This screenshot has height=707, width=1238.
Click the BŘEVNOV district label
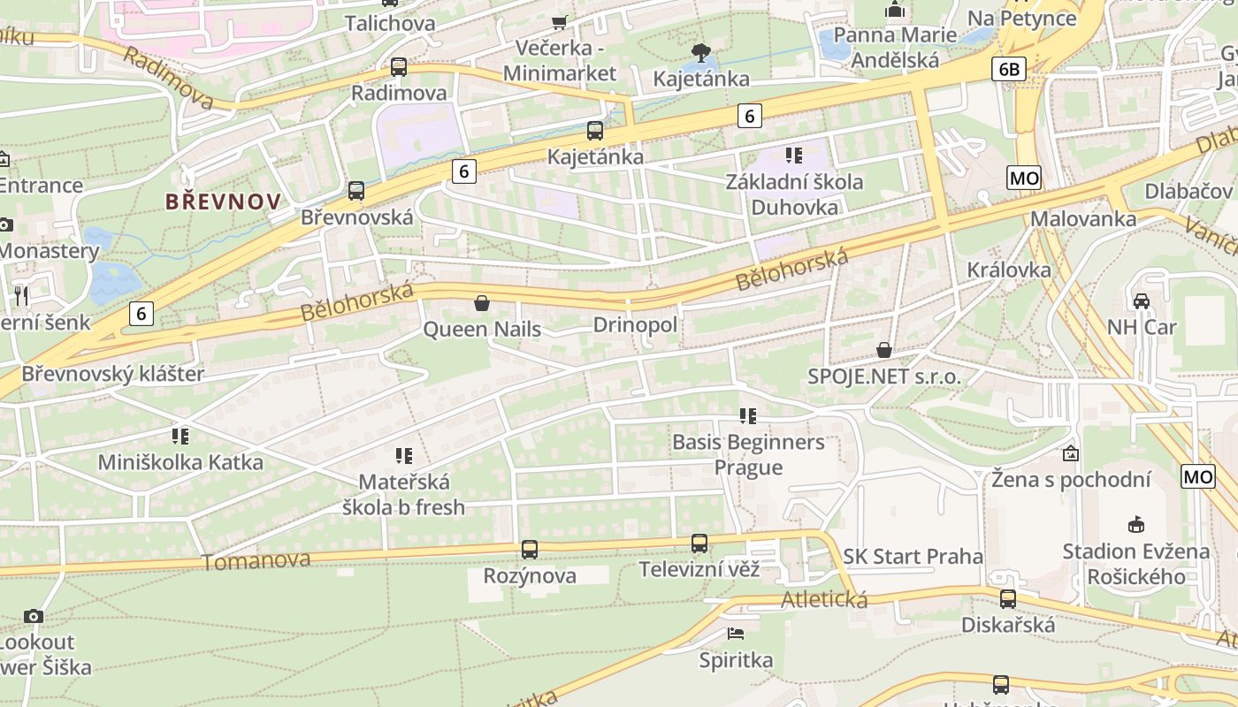point(223,201)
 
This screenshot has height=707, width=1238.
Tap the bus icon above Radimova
point(399,67)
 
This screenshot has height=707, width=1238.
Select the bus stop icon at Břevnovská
point(356,191)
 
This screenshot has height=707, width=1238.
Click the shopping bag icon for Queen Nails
point(482,304)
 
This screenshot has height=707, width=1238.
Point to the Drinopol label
point(635,325)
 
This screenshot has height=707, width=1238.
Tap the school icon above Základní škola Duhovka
point(794,156)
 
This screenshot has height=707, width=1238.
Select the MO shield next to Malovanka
point(1024,179)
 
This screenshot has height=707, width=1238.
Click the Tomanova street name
point(256,561)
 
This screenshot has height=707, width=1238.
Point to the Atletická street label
point(824,600)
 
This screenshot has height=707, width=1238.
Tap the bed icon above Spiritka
point(736,633)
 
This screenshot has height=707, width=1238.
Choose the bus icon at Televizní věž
point(699,544)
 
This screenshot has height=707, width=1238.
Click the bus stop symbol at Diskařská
point(1008,599)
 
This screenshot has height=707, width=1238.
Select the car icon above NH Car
point(1142,300)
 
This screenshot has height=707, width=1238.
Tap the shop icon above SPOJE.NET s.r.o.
point(883,351)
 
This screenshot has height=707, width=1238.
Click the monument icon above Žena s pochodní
point(1071,453)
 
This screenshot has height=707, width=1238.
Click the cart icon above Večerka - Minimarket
point(559,22)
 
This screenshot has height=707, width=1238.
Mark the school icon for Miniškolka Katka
point(180,436)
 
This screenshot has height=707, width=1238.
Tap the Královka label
point(1009,270)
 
